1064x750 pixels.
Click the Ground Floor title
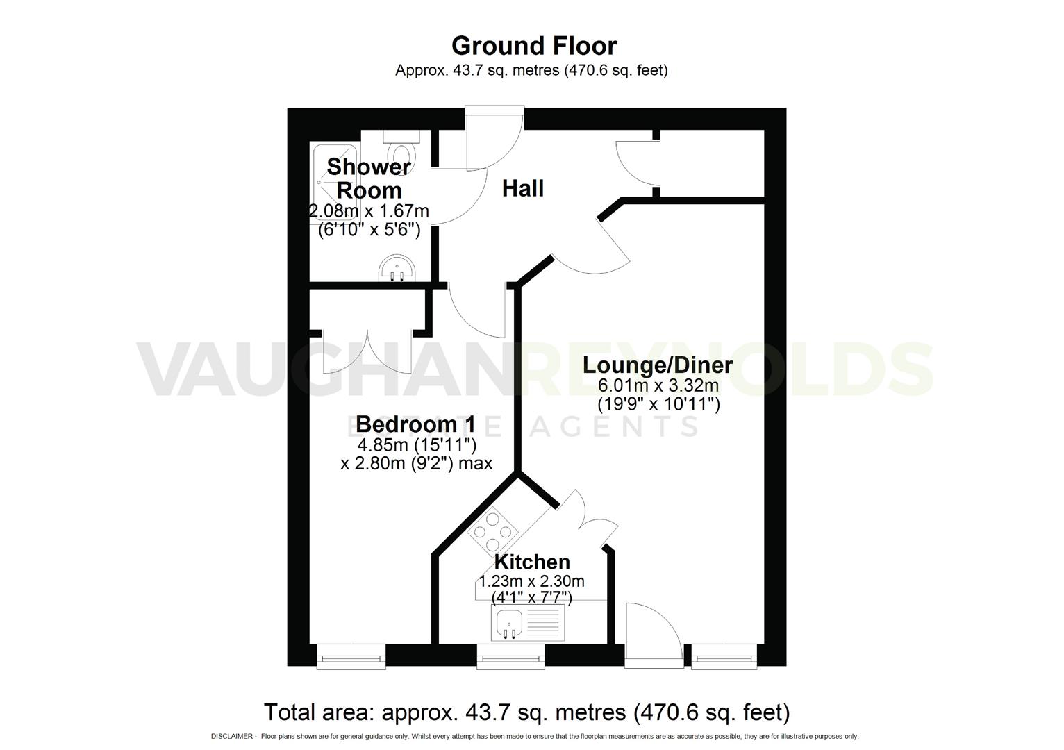point(533,46)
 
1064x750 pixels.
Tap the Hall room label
point(522,188)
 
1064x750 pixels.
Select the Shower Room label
point(369,178)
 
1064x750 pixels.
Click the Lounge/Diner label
point(658,365)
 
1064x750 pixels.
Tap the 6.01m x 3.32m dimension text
point(658,386)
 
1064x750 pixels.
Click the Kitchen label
point(532,562)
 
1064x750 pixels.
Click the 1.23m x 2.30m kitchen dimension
point(532,581)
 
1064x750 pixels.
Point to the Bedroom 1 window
point(351,656)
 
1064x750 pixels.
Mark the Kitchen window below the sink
point(510,656)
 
